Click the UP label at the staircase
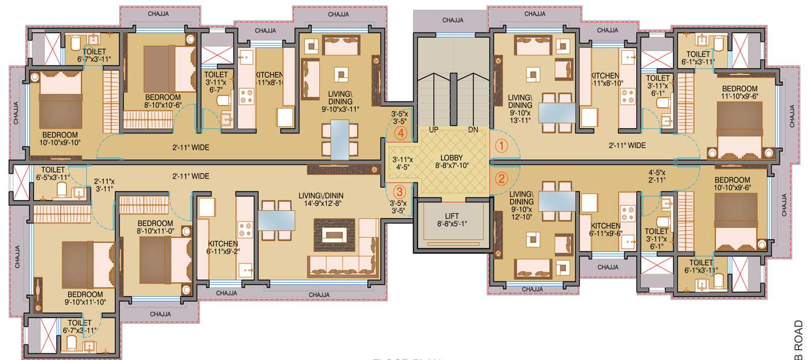click(x=433, y=130)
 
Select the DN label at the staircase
click(x=474, y=130)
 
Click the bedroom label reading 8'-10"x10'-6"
click(x=163, y=101)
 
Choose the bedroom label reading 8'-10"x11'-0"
click(x=155, y=226)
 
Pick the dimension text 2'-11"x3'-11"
click(x=106, y=184)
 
